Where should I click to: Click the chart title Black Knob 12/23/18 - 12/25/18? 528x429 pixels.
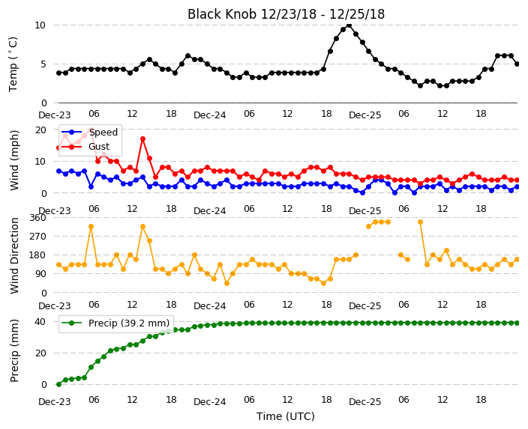point(286,14)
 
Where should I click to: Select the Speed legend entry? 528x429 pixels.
point(90,132)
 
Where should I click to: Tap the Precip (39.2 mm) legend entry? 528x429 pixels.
point(115,323)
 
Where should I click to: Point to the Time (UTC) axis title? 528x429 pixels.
point(286,416)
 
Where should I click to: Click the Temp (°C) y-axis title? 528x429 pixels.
point(13,64)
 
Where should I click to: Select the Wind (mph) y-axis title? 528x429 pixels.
point(13,160)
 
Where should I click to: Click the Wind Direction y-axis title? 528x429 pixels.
point(13,255)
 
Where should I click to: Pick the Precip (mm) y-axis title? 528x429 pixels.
point(13,350)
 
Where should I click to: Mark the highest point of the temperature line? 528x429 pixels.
point(349,25)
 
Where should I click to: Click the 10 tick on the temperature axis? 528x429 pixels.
point(40,25)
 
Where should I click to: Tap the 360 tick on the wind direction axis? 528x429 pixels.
point(37,218)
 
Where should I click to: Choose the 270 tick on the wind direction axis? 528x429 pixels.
point(37,237)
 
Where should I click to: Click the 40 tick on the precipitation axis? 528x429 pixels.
point(40,322)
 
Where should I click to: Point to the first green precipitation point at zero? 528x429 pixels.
point(59,384)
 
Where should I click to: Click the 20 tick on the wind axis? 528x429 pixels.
point(40,130)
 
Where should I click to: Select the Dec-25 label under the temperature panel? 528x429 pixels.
point(364,115)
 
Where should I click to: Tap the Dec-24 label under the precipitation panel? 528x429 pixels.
point(209,401)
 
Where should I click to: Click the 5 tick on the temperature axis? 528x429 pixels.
point(43,64)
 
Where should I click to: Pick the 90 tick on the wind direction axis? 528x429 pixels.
point(40,274)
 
